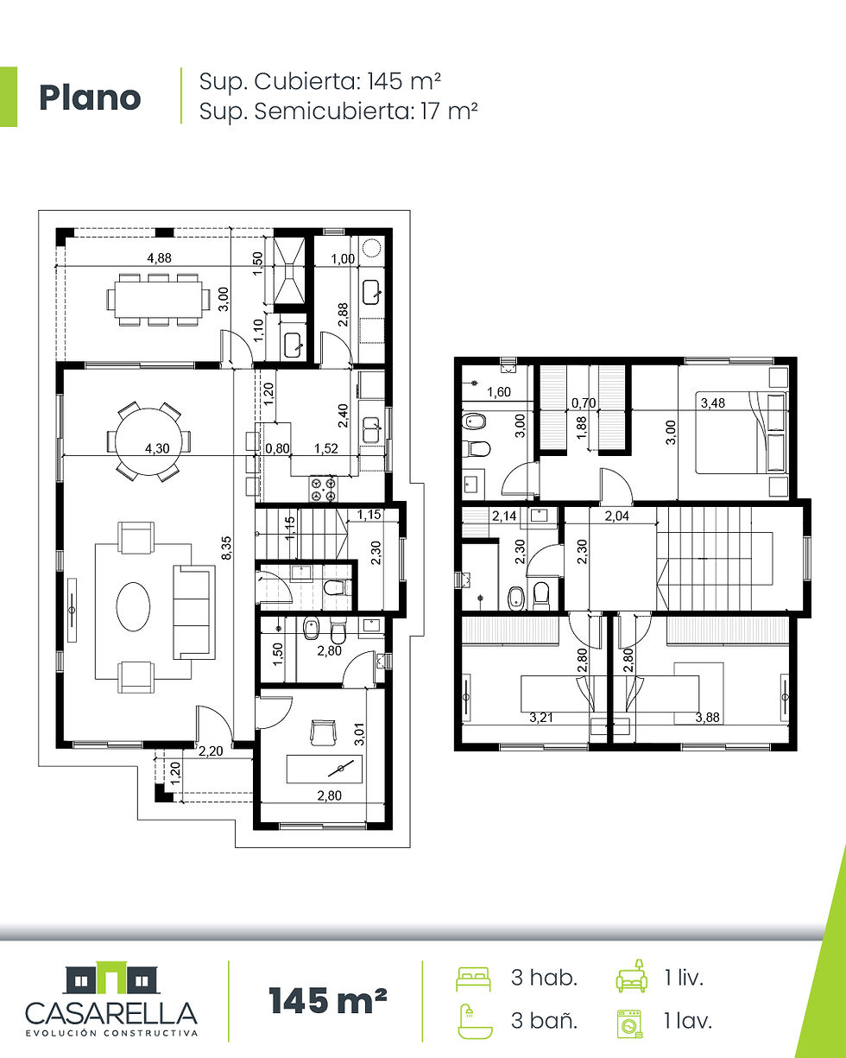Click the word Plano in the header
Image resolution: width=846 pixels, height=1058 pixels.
tap(90, 98)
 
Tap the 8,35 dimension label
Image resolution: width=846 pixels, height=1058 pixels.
tap(226, 548)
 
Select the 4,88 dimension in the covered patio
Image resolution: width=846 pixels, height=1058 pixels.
tap(159, 257)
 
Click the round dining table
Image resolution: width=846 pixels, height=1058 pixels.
tap(149, 441)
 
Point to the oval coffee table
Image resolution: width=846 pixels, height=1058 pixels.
tap(133, 606)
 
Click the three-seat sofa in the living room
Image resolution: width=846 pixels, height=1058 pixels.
tap(193, 612)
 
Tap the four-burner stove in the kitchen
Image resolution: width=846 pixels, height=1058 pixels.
tap(324, 489)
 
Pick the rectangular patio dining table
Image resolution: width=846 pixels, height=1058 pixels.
tap(158, 300)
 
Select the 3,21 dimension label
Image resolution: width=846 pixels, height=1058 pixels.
tap(541, 718)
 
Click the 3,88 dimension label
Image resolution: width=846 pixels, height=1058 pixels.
tap(707, 718)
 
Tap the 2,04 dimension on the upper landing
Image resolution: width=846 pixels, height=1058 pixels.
tap(616, 516)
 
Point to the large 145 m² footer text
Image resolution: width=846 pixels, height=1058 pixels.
tap(328, 1000)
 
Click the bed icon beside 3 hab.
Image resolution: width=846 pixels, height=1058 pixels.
tap(473, 979)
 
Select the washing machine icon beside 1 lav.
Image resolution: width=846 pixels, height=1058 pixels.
tap(629, 1023)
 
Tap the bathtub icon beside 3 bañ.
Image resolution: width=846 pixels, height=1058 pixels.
tap(475, 1022)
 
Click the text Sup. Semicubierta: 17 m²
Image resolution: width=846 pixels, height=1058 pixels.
tap(338, 111)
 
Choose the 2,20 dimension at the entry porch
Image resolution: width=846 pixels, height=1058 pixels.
tap(211, 751)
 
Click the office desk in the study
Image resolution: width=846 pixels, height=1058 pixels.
tap(324, 770)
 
